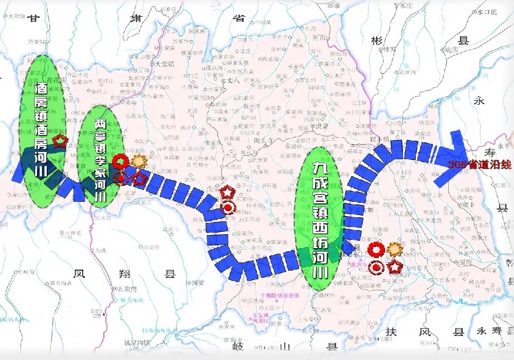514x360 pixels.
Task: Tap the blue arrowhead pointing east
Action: (x=452, y=159)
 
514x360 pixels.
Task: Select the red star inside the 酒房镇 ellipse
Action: (x=61, y=140)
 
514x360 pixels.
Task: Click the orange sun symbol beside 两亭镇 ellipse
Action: (x=138, y=161)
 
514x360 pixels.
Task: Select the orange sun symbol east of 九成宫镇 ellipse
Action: (x=394, y=250)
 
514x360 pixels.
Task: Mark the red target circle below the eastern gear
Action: (x=377, y=267)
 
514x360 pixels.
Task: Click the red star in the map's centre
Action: (x=227, y=192)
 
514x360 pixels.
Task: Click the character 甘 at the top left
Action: (x=34, y=18)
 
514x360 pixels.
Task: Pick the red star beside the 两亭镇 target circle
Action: (x=139, y=179)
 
